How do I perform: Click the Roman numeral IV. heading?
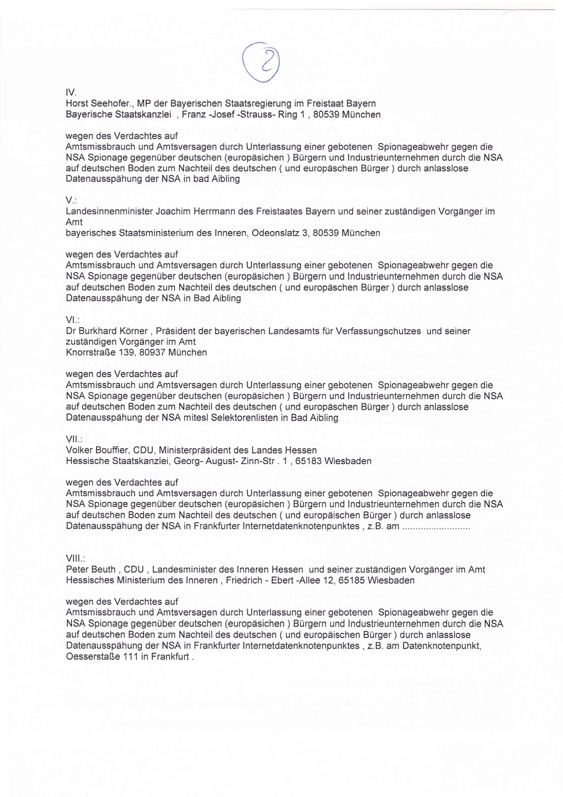coord(71,93)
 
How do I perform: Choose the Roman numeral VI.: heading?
coord(73,320)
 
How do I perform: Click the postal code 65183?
coord(308,461)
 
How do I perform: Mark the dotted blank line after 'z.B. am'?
coord(436,527)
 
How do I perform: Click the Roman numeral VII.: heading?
coord(74,439)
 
